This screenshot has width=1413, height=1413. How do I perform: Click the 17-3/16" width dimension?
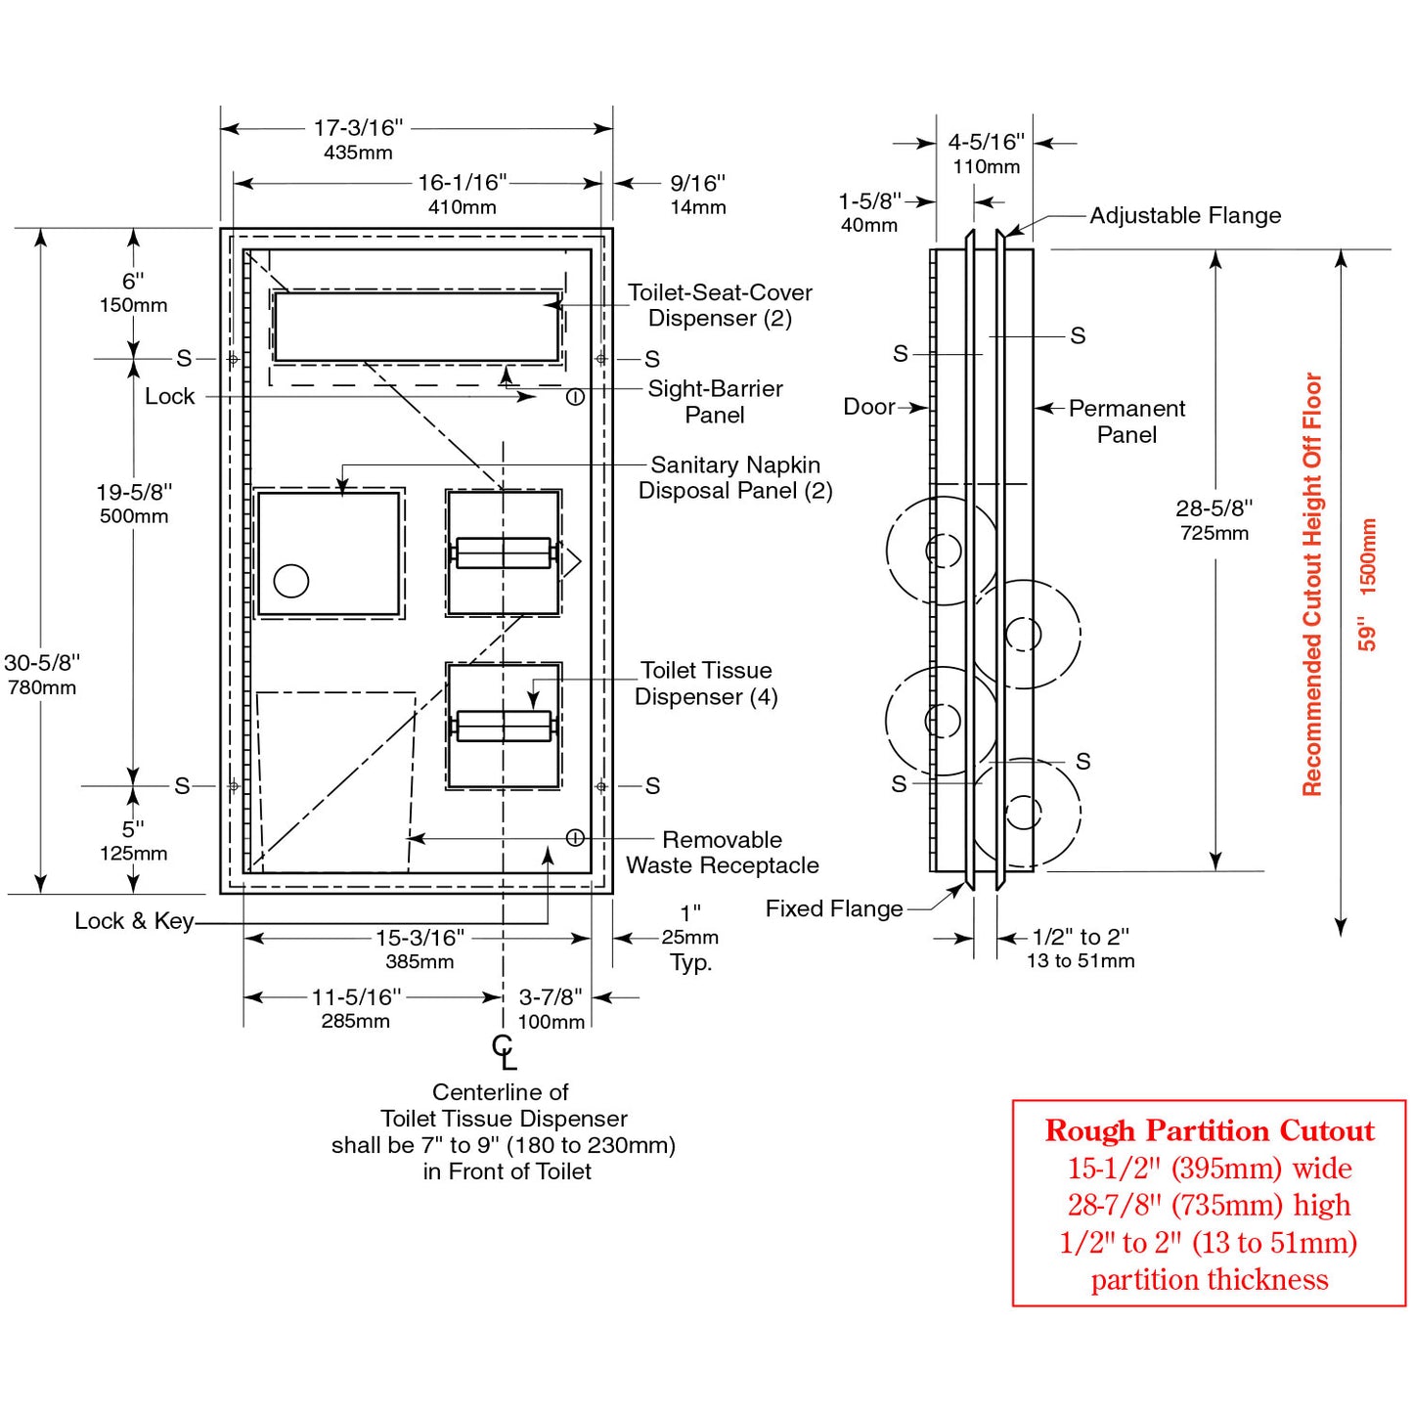click(358, 129)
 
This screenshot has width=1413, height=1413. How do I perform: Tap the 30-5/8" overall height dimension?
click(42, 664)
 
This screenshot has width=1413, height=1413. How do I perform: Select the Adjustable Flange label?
click(1185, 216)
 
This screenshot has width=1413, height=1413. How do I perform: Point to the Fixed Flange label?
click(834, 909)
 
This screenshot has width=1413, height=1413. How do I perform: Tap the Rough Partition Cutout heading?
click(1210, 1131)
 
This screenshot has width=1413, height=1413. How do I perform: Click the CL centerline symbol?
click(504, 1052)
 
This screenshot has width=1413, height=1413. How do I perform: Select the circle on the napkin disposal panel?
click(291, 581)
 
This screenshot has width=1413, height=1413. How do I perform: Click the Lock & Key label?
click(134, 921)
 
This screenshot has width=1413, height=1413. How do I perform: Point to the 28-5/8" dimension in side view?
click(1214, 509)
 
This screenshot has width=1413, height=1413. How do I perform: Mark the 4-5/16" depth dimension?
click(986, 143)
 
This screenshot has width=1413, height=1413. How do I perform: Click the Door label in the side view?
click(869, 407)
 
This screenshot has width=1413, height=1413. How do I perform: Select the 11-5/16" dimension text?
click(356, 998)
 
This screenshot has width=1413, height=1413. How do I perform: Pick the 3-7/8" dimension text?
click(551, 998)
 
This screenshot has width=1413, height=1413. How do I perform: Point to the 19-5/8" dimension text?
click(134, 493)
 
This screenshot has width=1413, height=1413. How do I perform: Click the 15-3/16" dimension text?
click(419, 939)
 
